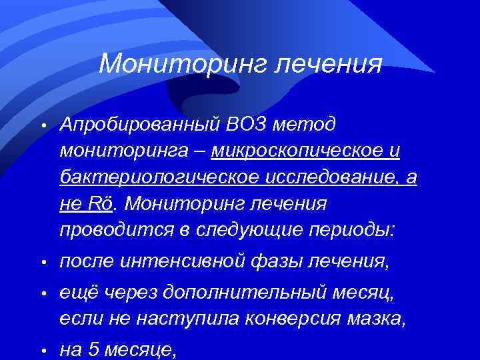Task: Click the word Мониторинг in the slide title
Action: point(176,64)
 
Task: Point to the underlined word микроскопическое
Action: point(299,151)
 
